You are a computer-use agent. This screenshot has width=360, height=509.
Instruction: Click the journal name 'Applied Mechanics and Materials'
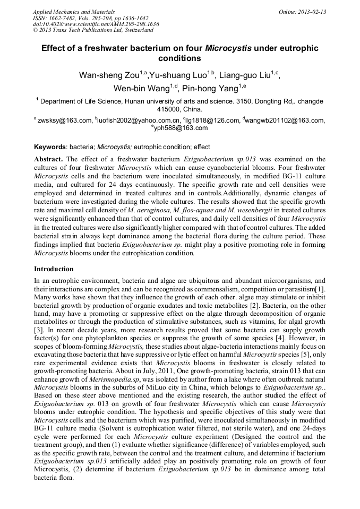click(x=74, y=11)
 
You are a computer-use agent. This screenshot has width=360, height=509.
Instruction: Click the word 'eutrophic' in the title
click(x=294, y=48)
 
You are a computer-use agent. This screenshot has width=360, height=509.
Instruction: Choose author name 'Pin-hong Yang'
click(x=210, y=88)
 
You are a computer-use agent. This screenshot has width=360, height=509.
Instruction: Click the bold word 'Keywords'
click(x=50, y=147)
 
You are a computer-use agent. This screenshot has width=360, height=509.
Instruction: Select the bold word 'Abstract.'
click(x=49, y=159)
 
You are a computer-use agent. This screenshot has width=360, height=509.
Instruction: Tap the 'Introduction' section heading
click(x=54, y=269)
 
